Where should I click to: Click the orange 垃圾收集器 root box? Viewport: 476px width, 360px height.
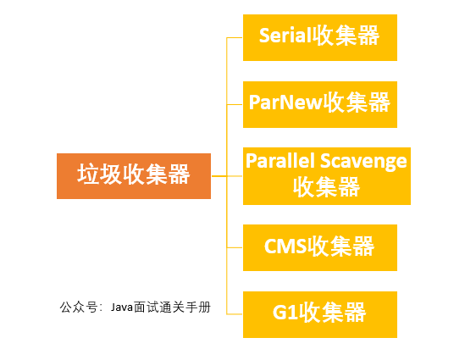133,176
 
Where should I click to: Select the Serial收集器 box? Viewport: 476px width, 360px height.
319,37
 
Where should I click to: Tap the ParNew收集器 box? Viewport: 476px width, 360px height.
319,103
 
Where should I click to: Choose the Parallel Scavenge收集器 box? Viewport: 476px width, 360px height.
326,174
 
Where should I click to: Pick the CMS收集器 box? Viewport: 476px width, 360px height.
319,246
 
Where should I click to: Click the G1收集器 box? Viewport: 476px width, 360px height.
319,312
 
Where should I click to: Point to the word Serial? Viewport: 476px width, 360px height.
284,36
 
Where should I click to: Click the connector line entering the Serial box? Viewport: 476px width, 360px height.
234,37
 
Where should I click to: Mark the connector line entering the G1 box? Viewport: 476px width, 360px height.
234,312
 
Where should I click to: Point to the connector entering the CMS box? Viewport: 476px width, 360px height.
234,246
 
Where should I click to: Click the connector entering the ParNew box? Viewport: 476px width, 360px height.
234,103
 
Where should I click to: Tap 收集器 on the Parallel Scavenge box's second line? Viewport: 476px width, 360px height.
326,187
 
